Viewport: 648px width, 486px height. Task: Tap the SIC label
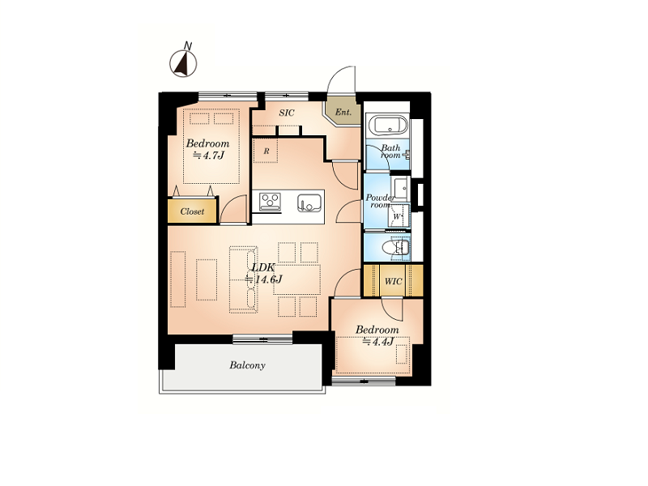pos(287,113)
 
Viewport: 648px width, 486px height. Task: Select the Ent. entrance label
pos(343,112)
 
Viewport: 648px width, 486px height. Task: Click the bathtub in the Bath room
pos(388,126)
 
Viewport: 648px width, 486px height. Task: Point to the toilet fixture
pos(395,248)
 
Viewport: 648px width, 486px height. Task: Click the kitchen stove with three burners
pos(270,202)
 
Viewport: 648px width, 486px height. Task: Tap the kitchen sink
pos(309,202)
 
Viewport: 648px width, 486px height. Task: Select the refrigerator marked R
pos(266,151)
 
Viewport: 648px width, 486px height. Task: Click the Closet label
pos(192,211)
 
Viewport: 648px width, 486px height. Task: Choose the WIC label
pos(393,281)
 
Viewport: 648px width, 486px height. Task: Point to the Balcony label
pos(247,365)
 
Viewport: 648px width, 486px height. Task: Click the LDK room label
pos(263,267)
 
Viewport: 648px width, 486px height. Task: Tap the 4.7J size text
pos(209,156)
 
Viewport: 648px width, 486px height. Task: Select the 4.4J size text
pos(377,342)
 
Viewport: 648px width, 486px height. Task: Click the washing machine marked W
pos(398,215)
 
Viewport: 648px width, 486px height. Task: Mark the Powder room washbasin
pos(400,189)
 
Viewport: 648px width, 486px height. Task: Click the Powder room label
pos(380,201)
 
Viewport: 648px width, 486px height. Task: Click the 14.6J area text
pos(264,279)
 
